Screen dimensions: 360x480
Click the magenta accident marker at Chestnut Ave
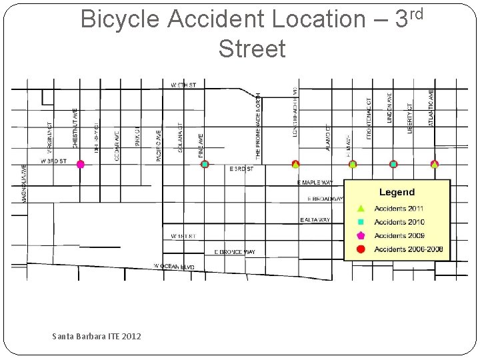[x=80, y=164]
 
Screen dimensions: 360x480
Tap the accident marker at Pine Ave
[x=205, y=164]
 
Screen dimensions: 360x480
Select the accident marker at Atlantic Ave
[x=435, y=164]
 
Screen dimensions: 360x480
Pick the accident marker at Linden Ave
[x=393, y=164]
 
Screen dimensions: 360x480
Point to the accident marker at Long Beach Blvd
[x=295, y=164]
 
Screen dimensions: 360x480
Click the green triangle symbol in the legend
[x=361, y=208]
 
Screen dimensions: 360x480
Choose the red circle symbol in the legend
[x=361, y=249]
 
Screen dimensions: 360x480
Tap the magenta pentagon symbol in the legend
[x=361, y=235]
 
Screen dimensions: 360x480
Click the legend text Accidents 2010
[x=399, y=222]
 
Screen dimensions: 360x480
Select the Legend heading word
[x=397, y=192]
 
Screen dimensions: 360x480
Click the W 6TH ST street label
[x=183, y=85]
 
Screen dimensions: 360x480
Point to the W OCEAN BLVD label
[x=175, y=267]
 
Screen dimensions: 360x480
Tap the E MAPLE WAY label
[x=315, y=183]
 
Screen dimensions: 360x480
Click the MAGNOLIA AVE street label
[x=25, y=183]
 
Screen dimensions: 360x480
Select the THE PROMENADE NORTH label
[x=259, y=127]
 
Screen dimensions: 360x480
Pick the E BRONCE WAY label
[x=234, y=252]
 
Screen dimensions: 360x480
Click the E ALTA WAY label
[x=315, y=220]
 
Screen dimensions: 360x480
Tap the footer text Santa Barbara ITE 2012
[x=97, y=337]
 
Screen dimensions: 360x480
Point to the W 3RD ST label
[x=53, y=161]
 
